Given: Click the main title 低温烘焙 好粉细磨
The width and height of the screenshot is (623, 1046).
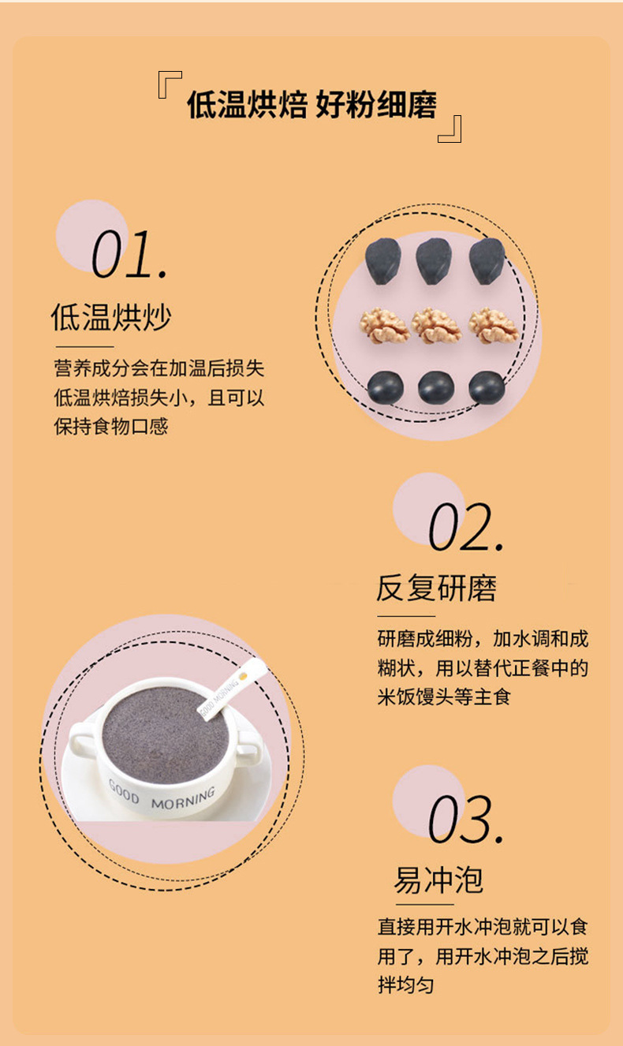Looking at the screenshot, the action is [x=311, y=104].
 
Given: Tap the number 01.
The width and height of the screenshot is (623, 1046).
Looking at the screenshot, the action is [x=129, y=255].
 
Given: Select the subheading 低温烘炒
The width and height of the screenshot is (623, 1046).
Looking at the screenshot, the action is [x=111, y=317].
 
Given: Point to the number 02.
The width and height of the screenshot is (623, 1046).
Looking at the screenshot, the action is [x=466, y=527].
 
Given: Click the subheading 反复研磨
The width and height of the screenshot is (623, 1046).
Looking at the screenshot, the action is [x=436, y=588].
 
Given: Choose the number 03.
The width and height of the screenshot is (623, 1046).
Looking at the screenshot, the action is [x=466, y=820].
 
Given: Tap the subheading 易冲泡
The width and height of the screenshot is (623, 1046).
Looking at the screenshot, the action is [x=438, y=880].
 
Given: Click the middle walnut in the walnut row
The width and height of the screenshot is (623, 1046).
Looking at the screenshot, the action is [x=436, y=325].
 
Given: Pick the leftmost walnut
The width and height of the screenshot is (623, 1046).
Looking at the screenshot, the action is [x=385, y=326].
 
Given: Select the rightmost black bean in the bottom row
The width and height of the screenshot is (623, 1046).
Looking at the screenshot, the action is [x=487, y=387].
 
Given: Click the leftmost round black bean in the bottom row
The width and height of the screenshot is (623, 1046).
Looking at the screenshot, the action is [x=386, y=387].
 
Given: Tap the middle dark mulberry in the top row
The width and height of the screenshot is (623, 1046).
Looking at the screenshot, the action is [x=434, y=260].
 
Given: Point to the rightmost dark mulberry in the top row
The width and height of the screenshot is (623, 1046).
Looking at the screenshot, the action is [x=487, y=260].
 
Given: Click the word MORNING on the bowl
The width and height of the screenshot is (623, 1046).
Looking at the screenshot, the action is [x=183, y=798].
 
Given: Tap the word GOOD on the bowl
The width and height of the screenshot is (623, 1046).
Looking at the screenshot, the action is [x=124, y=791].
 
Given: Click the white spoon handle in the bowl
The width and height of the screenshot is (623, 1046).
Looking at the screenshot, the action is [x=232, y=689].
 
